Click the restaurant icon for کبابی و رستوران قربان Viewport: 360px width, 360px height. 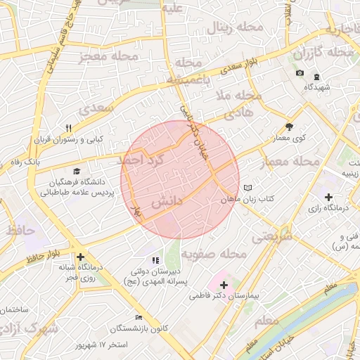[x=68, y=128]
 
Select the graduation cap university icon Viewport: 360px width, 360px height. [x=75, y=171]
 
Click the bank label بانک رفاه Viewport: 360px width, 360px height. [x=22, y=162]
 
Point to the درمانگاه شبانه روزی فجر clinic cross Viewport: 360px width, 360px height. [x=82, y=257]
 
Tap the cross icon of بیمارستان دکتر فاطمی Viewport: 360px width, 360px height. [x=224, y=285]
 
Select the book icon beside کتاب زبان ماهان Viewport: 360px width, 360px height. [x=247, y=188]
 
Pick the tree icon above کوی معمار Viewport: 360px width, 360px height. [x=289, y=127]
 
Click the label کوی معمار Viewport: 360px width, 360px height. [x=290, y=139]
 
